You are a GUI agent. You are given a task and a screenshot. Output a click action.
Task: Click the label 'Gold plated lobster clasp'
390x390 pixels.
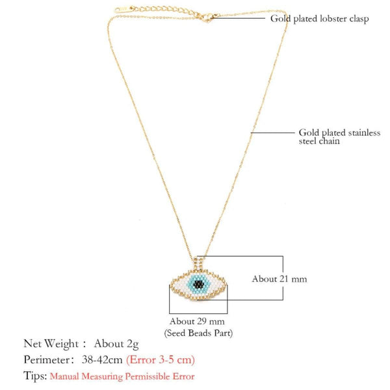[319, 19]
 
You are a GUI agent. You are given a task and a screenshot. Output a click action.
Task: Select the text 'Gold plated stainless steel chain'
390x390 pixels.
[330, 135]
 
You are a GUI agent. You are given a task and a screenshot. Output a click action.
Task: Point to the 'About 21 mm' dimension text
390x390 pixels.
[279, 279]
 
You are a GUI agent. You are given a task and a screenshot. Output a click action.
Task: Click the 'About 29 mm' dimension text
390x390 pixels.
[197, 321]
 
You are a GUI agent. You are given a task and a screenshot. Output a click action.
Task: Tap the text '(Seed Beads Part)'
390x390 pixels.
[197, 333]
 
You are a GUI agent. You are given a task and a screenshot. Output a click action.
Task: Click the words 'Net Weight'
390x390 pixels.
[49, 343]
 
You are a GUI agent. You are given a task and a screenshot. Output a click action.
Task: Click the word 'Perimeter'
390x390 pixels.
[48, 359]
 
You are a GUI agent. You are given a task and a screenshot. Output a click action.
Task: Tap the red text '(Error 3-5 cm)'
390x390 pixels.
[161, 359]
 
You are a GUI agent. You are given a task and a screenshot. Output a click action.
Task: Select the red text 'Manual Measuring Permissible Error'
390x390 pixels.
[122, 376]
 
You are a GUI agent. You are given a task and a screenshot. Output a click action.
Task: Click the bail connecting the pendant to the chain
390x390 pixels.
[198, 260]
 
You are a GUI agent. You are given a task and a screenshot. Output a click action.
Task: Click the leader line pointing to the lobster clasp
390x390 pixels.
[240, 18]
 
